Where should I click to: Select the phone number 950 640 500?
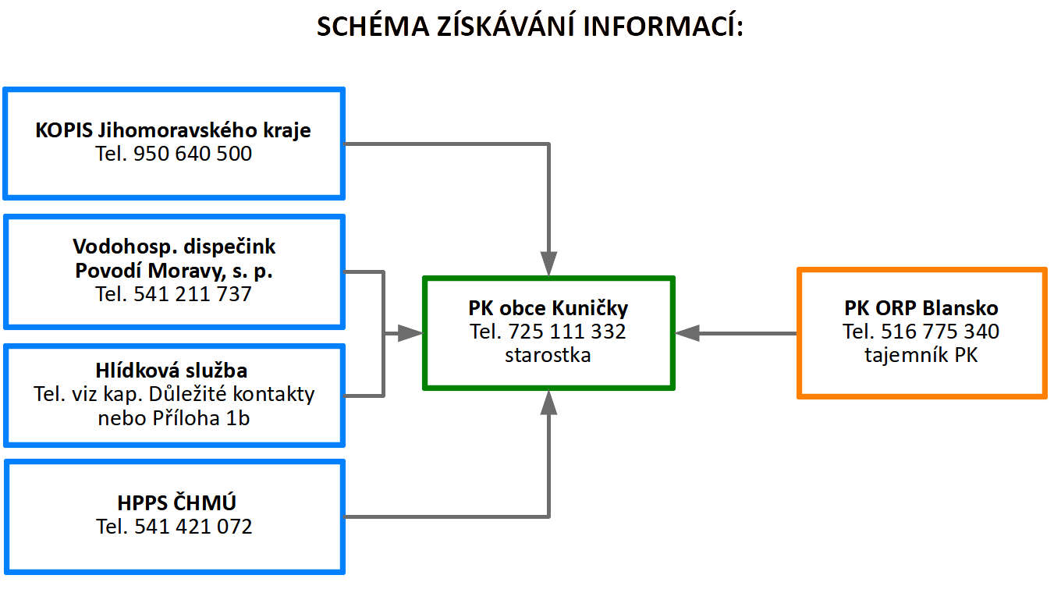[192, 154]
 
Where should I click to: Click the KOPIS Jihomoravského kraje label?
[173, 131]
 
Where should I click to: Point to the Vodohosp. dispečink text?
[174, 247]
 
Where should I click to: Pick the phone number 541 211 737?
[192, 294]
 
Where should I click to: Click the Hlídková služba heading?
[172, 371]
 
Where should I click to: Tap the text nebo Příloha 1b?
[174, 418]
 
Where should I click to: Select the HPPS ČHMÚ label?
[176, 502]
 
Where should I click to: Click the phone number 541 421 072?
[193, 527]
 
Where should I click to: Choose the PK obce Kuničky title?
[548, 308]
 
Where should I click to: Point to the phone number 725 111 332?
[567, 332]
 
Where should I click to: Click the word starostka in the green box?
[548, 355]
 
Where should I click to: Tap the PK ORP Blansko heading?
[921, 308]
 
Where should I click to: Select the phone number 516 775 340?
[940, 332]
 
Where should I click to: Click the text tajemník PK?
[921, 355]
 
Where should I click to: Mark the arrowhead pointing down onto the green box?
[548, 264]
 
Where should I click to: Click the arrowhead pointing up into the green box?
[548, 403]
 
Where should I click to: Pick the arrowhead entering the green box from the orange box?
[687, 333]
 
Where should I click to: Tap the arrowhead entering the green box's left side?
[410, 333]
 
